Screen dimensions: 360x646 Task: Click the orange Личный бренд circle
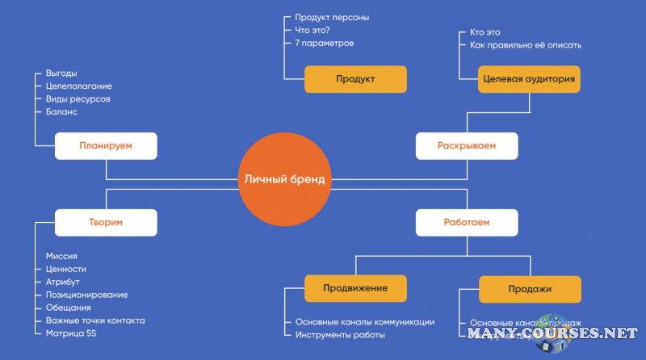point(284,179)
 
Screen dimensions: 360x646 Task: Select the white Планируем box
point(106,146)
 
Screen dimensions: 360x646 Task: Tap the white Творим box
point(106,222)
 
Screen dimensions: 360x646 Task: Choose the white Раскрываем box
point(467,146)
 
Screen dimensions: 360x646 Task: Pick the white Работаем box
point(467,222)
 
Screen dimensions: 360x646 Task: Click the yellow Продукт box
point(355,79)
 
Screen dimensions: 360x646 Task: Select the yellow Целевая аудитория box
point(529,79)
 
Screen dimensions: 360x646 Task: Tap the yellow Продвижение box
point(355,288)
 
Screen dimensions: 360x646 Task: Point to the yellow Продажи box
point(530,289)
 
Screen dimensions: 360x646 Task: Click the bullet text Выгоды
point(61,73)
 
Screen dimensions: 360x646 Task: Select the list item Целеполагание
point(79,86)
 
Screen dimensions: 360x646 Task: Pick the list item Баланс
point(61,112)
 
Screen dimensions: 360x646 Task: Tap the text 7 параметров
point(325,43)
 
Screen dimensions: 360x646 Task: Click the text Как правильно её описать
point(525,45)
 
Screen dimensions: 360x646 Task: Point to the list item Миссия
point(61,256)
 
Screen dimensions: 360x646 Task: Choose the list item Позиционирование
point(86,295)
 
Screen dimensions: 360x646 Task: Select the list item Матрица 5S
point(73,333)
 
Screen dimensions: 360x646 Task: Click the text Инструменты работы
point(340,335)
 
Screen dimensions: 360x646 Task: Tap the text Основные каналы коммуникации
point(365,322)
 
